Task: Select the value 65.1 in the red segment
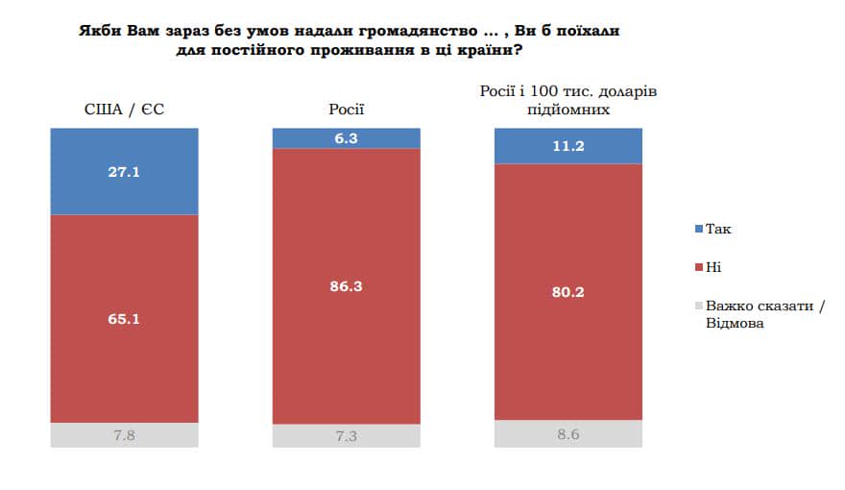[x=124, y=318]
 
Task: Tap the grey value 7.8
[x=124, y=436]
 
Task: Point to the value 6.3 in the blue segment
[x=347, y=137]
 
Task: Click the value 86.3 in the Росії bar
[x=347, y=285]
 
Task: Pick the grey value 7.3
[x=347, y=436]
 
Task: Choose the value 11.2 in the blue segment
[x=567, y=146]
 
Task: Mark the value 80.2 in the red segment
[x=567, y=292]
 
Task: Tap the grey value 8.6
[x=567, y=433]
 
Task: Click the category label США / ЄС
[x=124, y=110]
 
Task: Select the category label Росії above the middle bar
[x=347, y=110]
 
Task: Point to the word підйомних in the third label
[x=567, y=110]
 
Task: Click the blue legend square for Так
[x=697, y=229]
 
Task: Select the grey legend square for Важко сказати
[x=697, y=306]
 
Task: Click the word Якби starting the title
[x=99, y=31]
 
